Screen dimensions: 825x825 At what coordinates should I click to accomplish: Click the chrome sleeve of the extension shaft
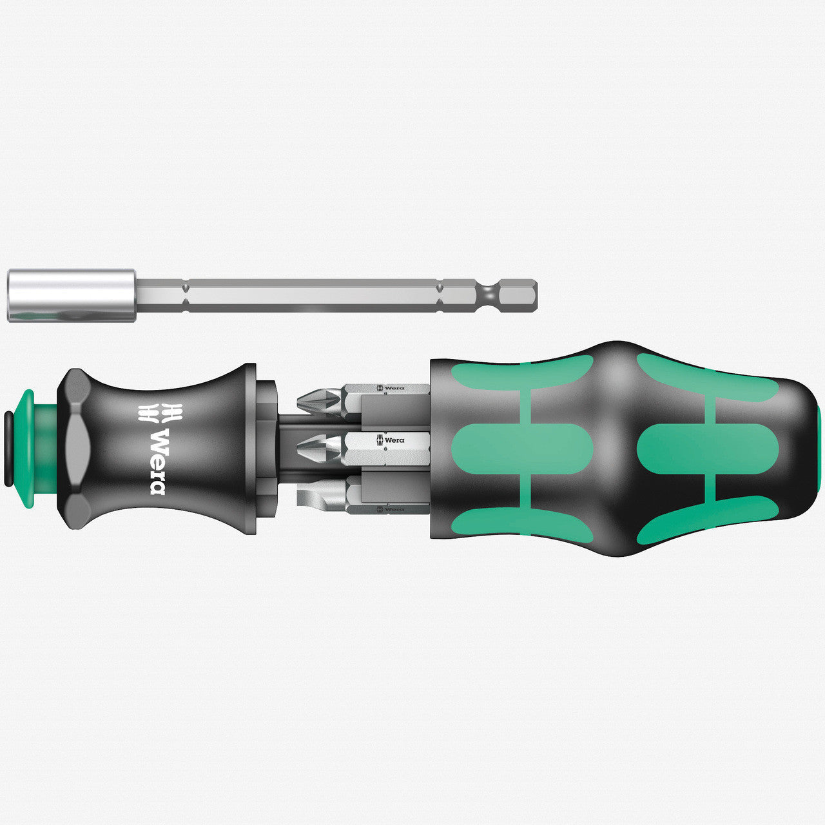pyautogui.click(x=71, y=295)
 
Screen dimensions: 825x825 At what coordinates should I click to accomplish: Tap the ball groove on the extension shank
pyautogui.click(x=490, y=295)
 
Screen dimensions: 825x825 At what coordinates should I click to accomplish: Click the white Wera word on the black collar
pyautogui.click(x=157, y=461)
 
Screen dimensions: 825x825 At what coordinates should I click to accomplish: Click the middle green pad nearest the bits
pyautogui.click(x=522, y=449)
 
